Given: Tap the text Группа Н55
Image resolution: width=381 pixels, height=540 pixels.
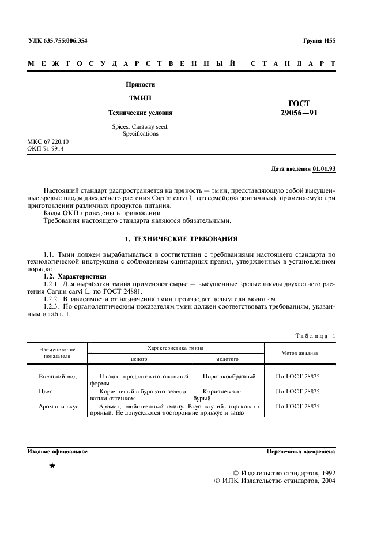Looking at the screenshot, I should point(319,40).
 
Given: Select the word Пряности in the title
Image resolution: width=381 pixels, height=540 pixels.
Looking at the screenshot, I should point(141,84).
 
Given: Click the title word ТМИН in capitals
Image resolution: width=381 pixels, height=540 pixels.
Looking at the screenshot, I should point(141,98).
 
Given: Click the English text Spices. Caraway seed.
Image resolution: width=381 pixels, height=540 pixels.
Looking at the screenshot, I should point(141,126).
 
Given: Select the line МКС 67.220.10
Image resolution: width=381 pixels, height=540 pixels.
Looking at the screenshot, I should point(48,141).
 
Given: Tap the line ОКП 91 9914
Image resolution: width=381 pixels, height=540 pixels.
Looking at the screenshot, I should point(46,149).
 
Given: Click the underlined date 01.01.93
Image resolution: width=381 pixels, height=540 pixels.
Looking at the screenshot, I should point(324,169).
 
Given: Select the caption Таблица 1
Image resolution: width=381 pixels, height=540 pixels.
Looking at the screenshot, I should point(315,336).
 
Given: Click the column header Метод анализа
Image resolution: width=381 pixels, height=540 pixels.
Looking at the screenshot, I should point(299,352).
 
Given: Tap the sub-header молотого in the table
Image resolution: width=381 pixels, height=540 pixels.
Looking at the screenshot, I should point(227,358).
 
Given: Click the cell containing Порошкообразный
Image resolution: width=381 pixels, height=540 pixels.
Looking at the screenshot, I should point(229,376).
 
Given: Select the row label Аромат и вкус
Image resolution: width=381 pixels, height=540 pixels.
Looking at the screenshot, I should point(58,406).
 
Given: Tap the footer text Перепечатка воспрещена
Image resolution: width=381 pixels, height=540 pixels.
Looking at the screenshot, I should point(301,451).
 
